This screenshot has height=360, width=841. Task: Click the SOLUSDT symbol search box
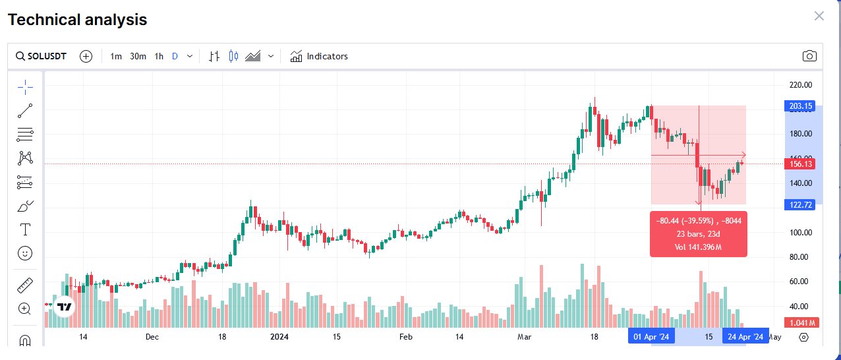pos(42,56)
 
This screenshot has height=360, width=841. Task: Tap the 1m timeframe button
pos(116,56)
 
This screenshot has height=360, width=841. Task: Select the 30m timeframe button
pos(138,56)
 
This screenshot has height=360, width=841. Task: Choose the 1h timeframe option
pos(159,56)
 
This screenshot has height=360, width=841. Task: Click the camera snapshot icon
pos(809,56)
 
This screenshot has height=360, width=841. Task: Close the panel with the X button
pos(819,16)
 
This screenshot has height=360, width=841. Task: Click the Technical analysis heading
pos(77,20)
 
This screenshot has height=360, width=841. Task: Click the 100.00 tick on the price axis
pos(801,233)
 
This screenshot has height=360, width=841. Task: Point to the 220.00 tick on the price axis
pos(801,84)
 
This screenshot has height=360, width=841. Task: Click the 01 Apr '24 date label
pos(651,337)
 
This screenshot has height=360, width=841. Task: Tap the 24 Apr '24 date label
pos(745,337)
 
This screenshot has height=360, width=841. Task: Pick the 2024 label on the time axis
pos(279,337)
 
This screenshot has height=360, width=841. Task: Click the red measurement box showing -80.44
pos(699,234)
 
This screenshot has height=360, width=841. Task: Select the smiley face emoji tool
pos(25,253)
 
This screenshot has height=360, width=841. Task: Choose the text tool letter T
pos(25,229)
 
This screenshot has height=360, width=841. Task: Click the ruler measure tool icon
pos(25,285)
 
